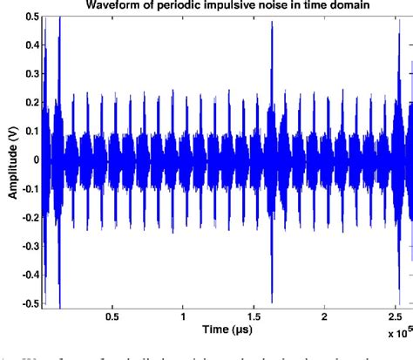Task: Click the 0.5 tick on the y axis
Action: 30,17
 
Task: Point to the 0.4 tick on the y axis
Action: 30,44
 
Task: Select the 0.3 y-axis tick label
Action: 30,73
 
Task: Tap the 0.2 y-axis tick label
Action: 30,102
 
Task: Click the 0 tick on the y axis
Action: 34,160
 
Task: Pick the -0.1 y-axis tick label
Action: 28,188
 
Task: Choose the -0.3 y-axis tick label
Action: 28,245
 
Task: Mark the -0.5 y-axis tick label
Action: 28,302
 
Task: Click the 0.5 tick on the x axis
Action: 112,317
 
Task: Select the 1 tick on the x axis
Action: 183,317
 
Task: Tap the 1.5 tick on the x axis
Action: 254,317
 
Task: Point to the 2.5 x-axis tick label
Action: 395,317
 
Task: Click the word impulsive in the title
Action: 228,6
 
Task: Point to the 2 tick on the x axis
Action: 324,317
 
